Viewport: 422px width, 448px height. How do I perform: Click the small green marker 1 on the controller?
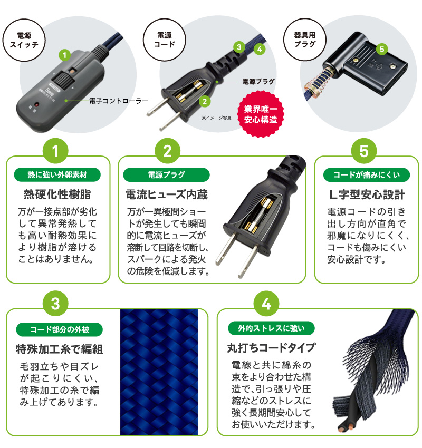(64, 55)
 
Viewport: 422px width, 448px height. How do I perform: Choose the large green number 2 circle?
(167, 151)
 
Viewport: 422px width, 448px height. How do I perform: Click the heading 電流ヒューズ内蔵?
(167, 195)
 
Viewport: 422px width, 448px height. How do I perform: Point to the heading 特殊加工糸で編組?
(60, 349)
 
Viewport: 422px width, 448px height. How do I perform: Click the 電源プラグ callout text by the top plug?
(259, 82)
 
